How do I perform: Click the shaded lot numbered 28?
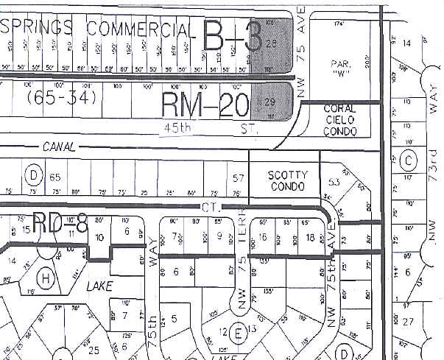(270, 44)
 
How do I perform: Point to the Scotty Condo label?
(286, 181)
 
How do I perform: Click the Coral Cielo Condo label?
(340, 120)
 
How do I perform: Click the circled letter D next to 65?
(33, 175)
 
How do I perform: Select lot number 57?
(237, 178)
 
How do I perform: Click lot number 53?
(334, 182)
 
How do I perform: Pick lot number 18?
(311, 237)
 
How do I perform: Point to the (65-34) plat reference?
(53, 96)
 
